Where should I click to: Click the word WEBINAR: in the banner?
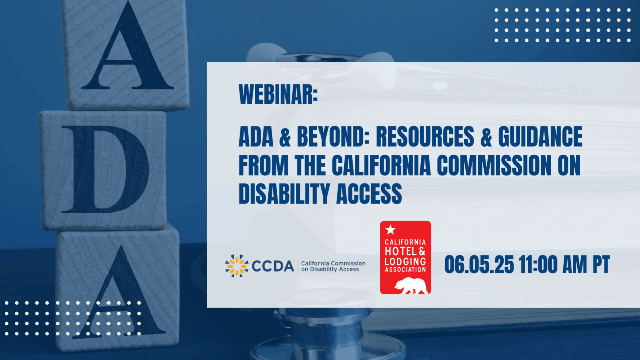click(279, 94)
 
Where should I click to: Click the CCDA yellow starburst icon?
click(237, 266)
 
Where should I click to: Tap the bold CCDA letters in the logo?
click(273, 266)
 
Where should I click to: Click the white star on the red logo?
click(390, 230)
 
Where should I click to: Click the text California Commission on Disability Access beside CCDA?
click(333, 266)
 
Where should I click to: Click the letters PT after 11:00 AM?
click(601, 265)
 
